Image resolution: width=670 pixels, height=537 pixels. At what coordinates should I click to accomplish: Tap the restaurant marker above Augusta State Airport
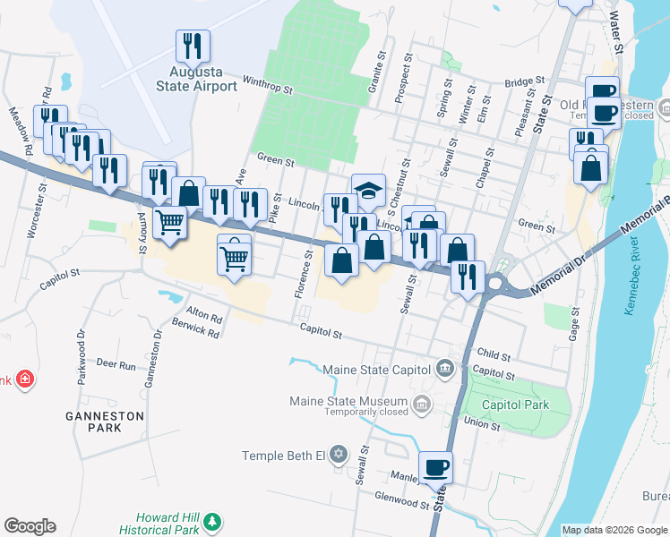(x=193, y=46)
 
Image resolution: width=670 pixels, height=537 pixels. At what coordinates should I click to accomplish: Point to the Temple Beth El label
(x=282, y=456)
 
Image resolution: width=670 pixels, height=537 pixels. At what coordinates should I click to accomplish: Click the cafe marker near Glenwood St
(x=436, y=467)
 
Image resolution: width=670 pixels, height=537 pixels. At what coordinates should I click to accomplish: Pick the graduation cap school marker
(x=368, y=190)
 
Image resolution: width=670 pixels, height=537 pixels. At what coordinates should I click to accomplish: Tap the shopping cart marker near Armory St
(x=170, y=221)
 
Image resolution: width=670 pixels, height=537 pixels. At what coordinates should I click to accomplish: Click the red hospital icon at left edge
(x=24, y=379)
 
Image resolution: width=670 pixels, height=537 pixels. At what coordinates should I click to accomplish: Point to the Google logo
(x=30, y=526)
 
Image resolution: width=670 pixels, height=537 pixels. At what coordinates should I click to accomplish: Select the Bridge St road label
(x=519, y=82)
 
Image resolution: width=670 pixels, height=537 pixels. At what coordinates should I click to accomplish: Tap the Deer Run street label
(x=116, y=365)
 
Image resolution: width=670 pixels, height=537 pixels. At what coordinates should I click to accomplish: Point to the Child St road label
(x=494, y=355)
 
